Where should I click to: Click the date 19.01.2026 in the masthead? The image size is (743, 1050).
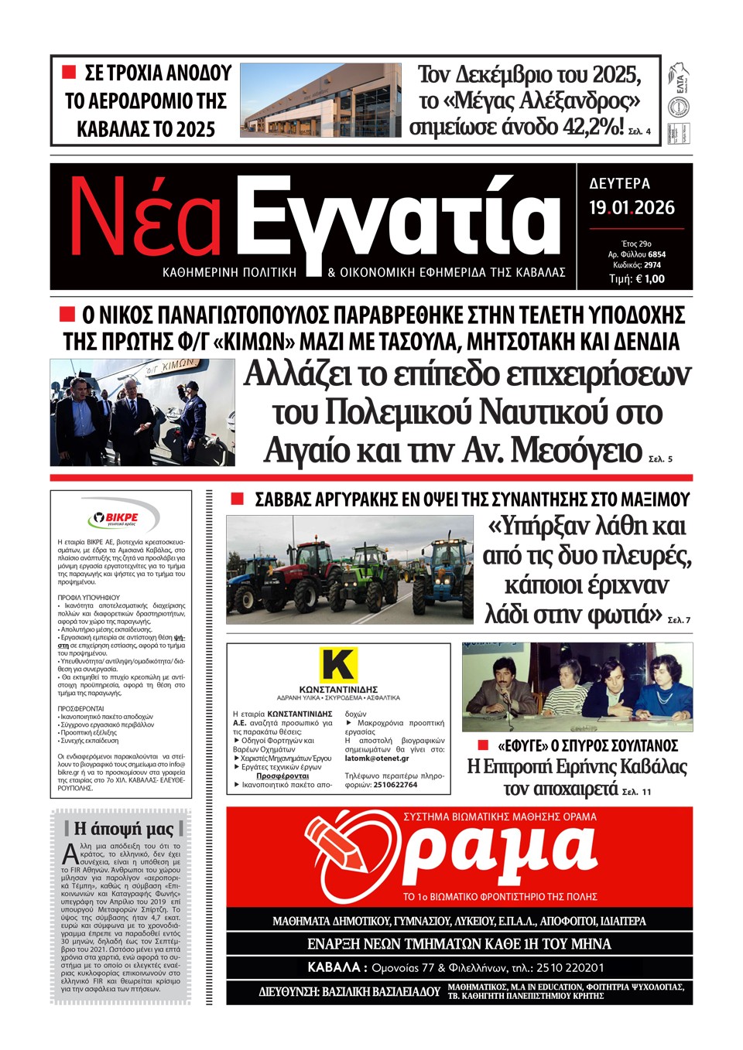(632, 208)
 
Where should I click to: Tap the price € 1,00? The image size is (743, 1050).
(649, 279)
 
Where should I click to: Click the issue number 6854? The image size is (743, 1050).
(656, 254)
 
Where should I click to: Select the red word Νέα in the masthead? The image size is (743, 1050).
(146, 222)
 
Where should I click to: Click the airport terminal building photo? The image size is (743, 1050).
(320, 101)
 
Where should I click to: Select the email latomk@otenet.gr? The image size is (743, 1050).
(377, 759)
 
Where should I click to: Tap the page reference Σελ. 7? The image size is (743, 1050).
(678, 620)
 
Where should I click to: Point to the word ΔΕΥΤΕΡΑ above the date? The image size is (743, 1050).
(619, 184)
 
